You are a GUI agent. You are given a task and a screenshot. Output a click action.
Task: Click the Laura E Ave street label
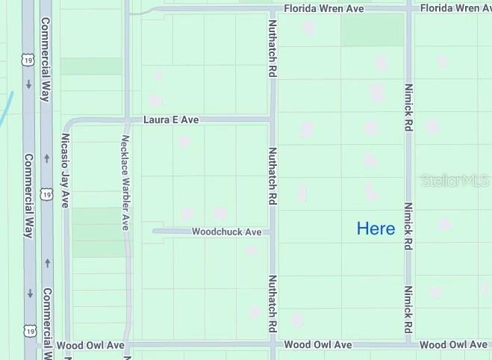point(171,120)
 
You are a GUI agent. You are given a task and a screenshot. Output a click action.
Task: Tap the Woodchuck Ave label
point(226,232)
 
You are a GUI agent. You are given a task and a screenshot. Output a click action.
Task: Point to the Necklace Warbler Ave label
point(126,182)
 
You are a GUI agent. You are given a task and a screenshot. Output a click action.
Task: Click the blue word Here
point(376,229)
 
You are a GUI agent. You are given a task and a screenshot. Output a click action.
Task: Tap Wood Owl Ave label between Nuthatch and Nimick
point(317,345)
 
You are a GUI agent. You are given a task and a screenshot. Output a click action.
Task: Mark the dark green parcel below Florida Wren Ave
point(372,30)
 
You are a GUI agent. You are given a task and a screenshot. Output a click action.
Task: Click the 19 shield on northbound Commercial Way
point(47,194)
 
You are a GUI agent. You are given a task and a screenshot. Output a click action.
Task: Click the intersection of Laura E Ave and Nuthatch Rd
point(273,120)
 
